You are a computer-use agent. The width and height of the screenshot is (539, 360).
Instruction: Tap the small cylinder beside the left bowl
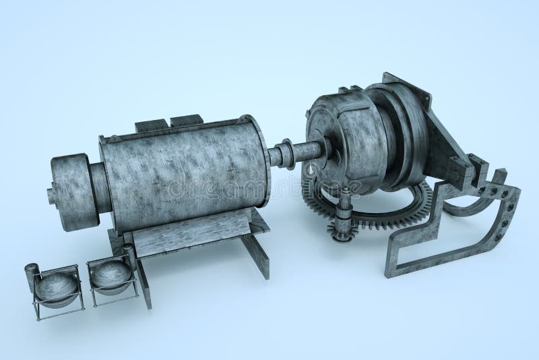[x=30, y=275]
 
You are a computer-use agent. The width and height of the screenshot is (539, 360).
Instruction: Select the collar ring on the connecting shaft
[x=286, y=153]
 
